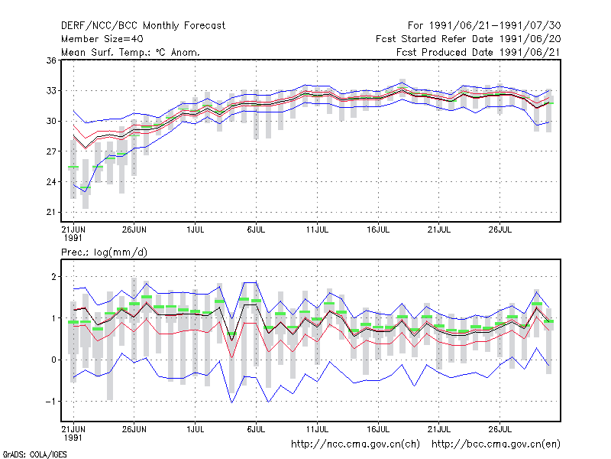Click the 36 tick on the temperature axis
pyautogui.click(x=51, y=60)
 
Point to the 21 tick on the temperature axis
pyautogui.click(x=51, y=213)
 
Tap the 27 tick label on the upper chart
pyautogui.click(x=51, y=151)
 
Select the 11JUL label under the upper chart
pyautogui.click(x=317, y=230)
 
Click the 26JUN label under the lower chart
pyautogui.click(x=134, y=429)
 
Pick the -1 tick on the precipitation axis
pyautogui.click(x=50, y=402)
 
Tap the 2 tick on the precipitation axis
pyautogui.click(x=53, y=277)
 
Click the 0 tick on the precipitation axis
pyautogui.click(x=53, y=360)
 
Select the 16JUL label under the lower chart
pyautogui.click(x=378, y=429)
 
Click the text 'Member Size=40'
pyautogui.click(x=102, y=39)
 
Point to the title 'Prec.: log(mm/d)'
pyautogui.click(x=104, y=252)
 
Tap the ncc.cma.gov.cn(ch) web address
pyautogui.click(x=355, y=444)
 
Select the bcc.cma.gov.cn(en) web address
pyautogui.click(x=496, y=444)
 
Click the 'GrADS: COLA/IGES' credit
pyautogui.click(x=34, y=454)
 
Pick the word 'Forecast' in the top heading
pyautogui.click(x=205, y=26)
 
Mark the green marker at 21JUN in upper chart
pyautogui.click(x=73, y=167)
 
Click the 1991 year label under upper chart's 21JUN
pyautogui.click(x=73, y=238)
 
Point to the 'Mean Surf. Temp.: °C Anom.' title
pyautogui.click(x=131, y=52)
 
